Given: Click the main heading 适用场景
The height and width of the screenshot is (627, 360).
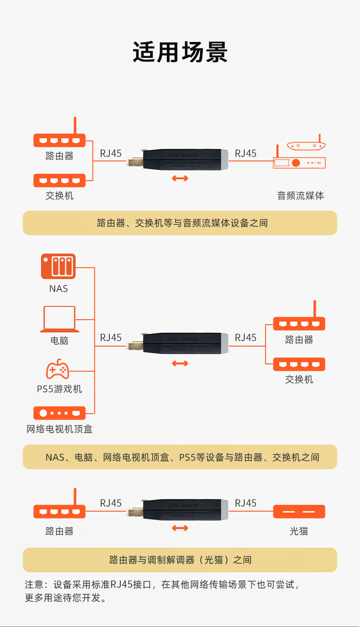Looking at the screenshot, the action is click(180, 52).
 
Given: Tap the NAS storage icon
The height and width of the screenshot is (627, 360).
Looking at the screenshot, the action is click(58, 266).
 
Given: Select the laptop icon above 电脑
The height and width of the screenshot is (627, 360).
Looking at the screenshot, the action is click(60, 319).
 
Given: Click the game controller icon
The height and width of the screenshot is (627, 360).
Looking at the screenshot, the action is click(58, 369).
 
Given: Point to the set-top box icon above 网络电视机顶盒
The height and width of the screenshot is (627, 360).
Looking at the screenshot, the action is click(59, 413).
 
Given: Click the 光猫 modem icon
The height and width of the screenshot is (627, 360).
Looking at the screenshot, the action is click(299, 512).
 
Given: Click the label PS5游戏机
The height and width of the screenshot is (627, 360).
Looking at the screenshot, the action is click(59, 389).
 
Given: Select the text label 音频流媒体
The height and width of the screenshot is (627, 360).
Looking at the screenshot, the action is click(300, 196).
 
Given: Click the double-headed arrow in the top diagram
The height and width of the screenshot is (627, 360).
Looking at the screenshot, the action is click(180, 178).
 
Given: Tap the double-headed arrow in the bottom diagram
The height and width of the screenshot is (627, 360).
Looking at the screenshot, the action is click(180, 528).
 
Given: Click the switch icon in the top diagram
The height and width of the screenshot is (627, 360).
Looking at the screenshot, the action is click(59, 180).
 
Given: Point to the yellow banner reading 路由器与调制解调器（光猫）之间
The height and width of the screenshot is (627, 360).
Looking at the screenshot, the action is click(180, 560).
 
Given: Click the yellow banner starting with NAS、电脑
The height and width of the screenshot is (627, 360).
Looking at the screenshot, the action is click(180, 457).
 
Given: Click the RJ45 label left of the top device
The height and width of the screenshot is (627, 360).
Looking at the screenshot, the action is click(111, 153).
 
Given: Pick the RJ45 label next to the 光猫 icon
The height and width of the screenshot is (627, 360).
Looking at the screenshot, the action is click(246, 503).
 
